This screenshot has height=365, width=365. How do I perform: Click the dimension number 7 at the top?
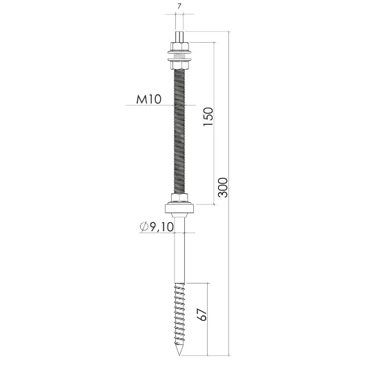tap(179, 6)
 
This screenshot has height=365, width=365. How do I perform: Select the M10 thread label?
tap(149, 99)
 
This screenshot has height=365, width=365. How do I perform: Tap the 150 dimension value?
tap(208, 117)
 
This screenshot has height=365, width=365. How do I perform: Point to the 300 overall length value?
tap(223, 188)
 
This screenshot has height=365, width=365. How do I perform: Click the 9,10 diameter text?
tap(161, 227)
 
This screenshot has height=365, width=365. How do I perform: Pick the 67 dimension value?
tap(201, 315)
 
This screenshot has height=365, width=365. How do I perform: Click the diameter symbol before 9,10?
tap(144, 227)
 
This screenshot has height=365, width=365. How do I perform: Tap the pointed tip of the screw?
tap(179, 355)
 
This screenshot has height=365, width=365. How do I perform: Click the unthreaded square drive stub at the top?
tap(179, 37)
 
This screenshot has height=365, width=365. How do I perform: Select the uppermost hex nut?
tap(179, 46)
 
